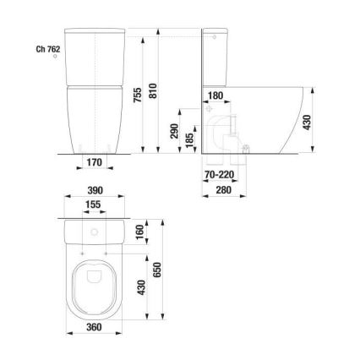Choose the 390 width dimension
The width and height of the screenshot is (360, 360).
pyautogui.click(x=94, y=192)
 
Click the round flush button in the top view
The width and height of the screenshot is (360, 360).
pyautogui.click(x=94, y=231)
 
